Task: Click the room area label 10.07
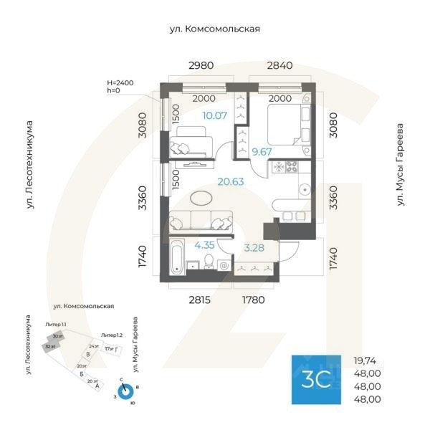tap(214, 115)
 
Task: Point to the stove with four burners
tap(292, 168)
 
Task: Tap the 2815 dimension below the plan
tap(200, 300)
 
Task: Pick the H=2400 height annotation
tap(120, 83)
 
